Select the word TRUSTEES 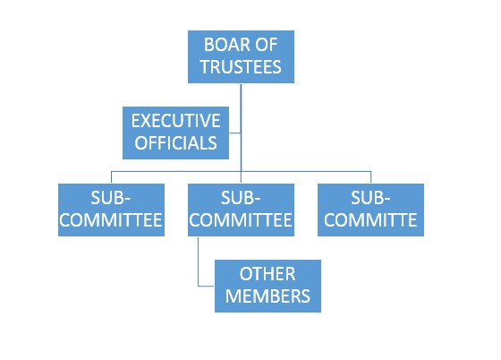click(x=241, y=67)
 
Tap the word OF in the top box click(x=267, y=45)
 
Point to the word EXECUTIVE click(x=175, y=121)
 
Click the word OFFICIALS click(x=175, y=143)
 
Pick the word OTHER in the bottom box click(x=267, y=274)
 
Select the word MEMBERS click(x=267, y=296)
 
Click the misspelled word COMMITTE click(x=370, y=220)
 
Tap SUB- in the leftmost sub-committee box click(x=111, y=198)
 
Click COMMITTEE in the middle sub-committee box click(x=241, y=220)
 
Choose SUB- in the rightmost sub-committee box click(x=370, y=198)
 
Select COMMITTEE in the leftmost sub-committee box click(x=111, y=220)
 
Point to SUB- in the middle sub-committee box click(x=241, y=198)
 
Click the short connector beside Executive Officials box click(x=234, y=133)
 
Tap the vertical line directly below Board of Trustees click(x=241, y=127)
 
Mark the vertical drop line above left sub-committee click(x=111, y=177)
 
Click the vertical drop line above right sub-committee click(x=371, y=177)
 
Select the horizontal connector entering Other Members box click(x=206, y=286)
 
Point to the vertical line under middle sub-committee click(x=198, y=261)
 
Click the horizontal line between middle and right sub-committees click(x=306, y=172)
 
